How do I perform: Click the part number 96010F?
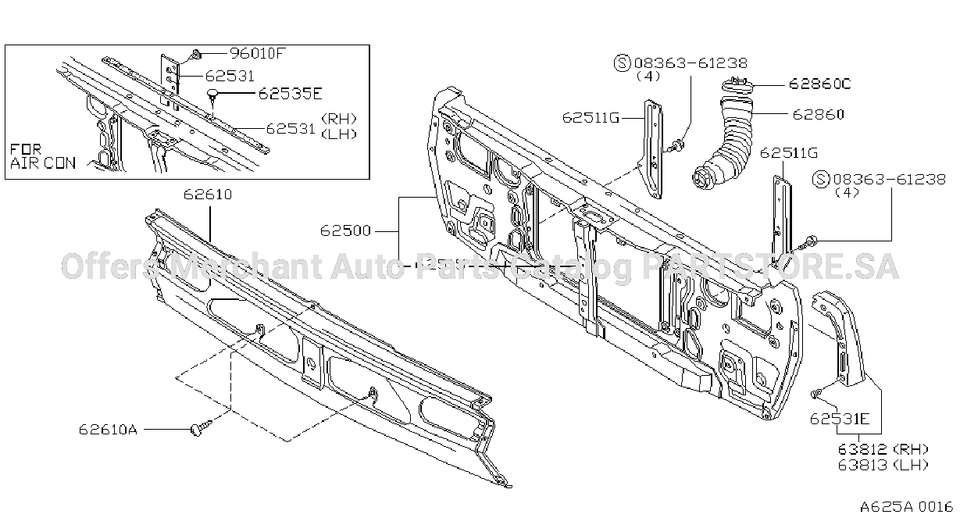258,53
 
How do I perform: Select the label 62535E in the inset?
290,94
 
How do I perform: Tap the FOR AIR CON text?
42,156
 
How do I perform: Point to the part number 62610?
208,195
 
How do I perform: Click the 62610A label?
108,430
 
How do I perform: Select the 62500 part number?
345,230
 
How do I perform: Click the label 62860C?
820,84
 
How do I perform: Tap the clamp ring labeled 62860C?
737,85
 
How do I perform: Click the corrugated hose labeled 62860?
724,146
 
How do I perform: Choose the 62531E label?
840,418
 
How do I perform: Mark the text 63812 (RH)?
883,448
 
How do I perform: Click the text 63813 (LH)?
883,465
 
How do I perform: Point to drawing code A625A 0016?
906,507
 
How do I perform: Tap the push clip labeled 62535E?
213,96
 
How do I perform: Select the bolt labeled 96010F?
195,55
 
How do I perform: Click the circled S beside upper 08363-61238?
623,63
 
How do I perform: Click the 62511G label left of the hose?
591,117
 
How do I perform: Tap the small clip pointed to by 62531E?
815,393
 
